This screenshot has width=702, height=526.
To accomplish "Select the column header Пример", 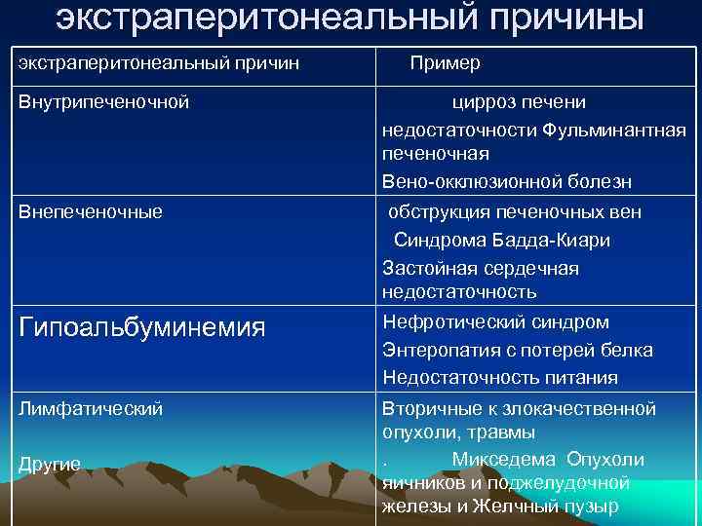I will (445, 63).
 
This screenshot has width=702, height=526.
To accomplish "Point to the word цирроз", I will (484, 101).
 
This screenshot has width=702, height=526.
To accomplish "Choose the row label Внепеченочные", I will (91, 211).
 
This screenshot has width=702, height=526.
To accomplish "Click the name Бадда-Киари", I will (555, 240).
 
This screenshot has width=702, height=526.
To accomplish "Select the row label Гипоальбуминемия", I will (142, 327).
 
